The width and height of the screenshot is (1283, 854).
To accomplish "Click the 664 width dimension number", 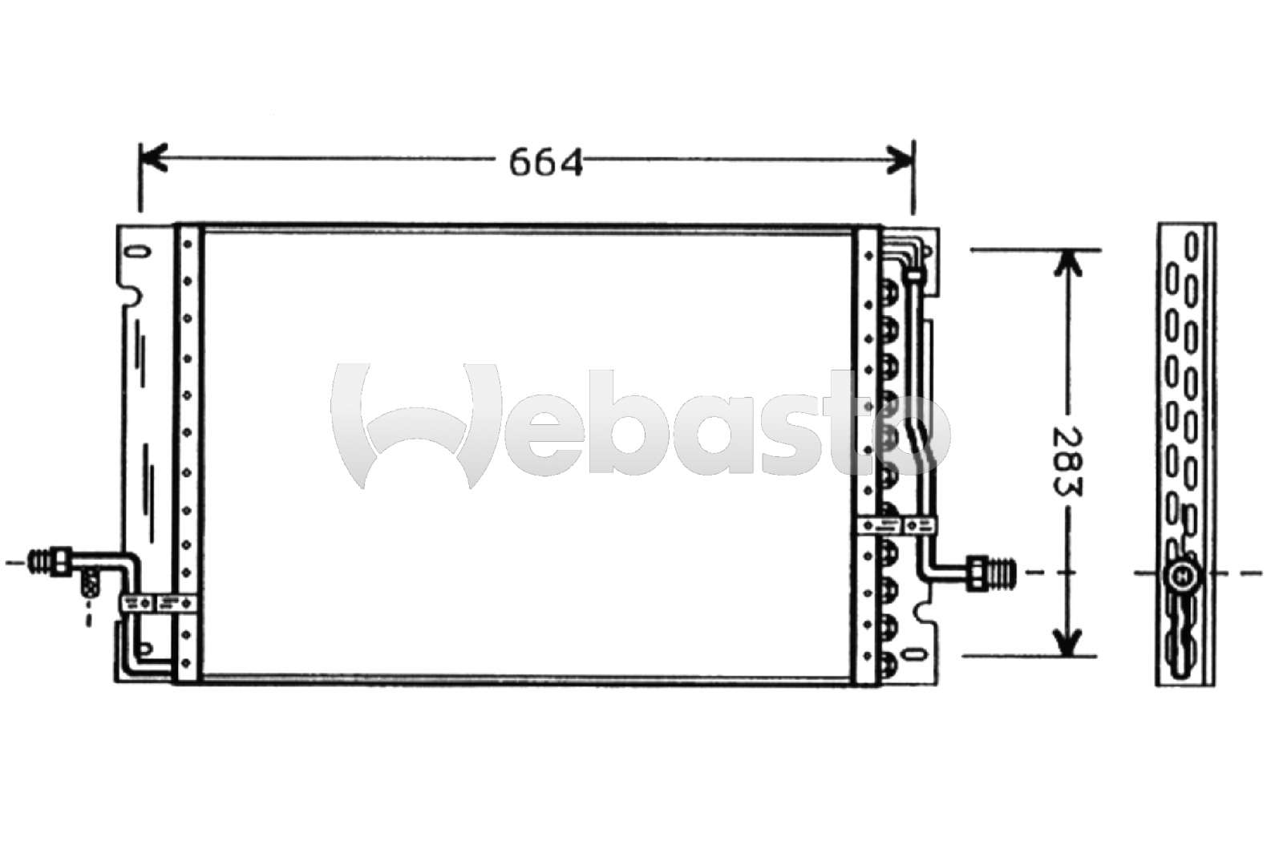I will (x=545, y=163).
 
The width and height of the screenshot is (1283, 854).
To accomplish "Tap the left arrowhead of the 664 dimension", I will (x=152, y=158).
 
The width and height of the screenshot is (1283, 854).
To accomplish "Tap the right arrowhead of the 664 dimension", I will (x=901, y=158).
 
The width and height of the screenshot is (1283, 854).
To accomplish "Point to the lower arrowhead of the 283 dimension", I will (x=1066, y=641).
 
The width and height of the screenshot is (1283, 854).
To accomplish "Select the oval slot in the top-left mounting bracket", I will (x=138, y=252).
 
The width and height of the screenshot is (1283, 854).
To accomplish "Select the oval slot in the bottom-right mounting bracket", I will (x=916, y=654).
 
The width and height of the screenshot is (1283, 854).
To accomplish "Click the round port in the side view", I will (x=1180, y=574).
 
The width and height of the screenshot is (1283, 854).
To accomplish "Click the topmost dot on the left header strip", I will (x=188, y=243).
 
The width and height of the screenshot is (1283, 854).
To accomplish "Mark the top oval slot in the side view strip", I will (x=1192, y=244).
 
